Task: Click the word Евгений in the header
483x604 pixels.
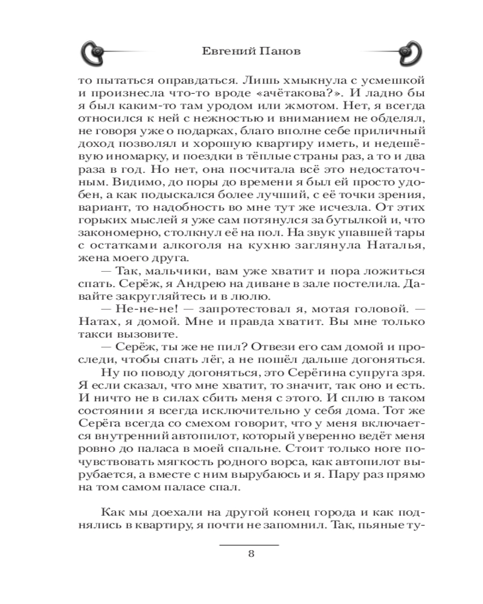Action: coord(222,52)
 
